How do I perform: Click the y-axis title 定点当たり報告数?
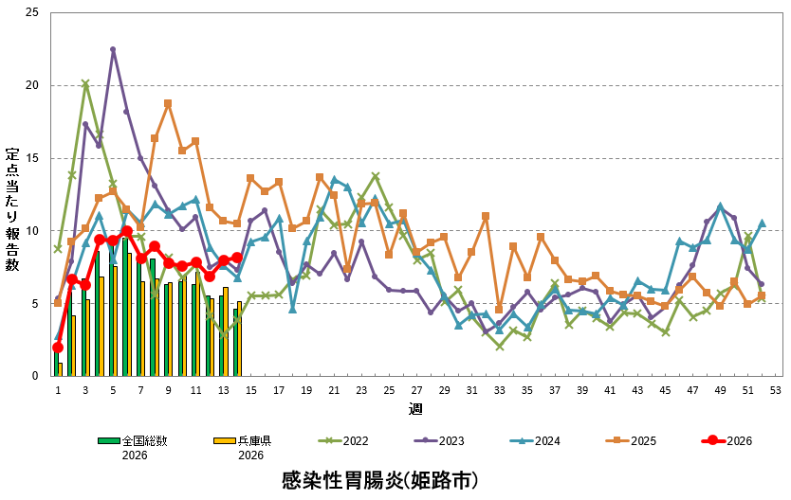click(12, 209)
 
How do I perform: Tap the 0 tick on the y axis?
click(37, 376)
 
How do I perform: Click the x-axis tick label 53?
click(775, 390)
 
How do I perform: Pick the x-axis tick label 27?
click(416, 390)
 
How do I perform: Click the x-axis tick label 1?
click(58, 390)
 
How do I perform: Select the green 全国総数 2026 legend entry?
click(145, 447)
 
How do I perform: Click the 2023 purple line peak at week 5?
click(113, 49)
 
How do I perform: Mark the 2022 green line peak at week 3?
click(85, 83)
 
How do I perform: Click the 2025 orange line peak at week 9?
click(168, 103)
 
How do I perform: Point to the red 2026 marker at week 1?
click(58, 348)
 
